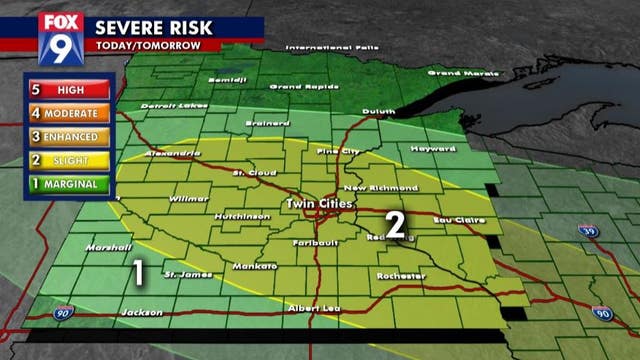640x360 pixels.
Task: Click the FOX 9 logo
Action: tap(60, 39)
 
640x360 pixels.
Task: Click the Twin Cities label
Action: tap(315, 204)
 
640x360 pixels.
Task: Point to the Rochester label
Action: tap(401, 275)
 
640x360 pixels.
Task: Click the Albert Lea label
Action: tap(307, 307)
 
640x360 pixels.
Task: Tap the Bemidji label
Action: tap(226, 79)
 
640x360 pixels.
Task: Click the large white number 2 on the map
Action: tap(395, 225)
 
